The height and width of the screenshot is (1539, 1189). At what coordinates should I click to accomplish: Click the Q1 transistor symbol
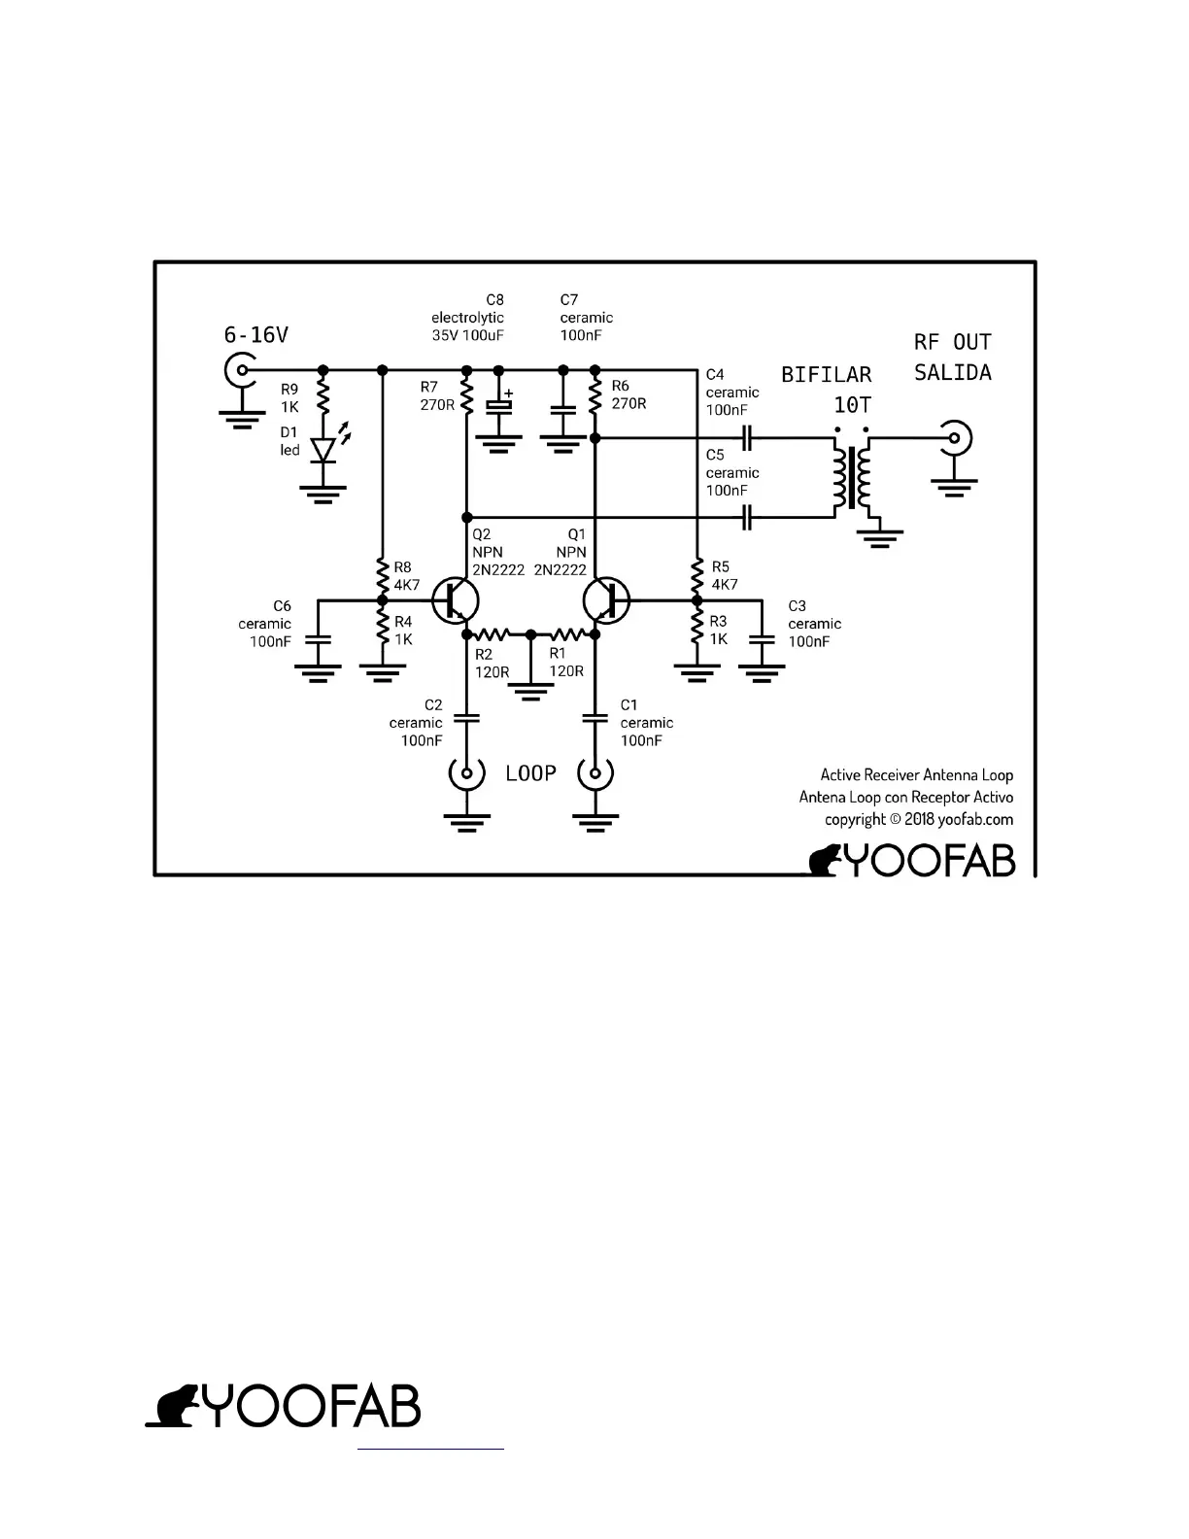click(607, 599)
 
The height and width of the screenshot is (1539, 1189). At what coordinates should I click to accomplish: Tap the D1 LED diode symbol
click(323, 450)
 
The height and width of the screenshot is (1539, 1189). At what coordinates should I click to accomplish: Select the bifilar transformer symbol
click(852, 477)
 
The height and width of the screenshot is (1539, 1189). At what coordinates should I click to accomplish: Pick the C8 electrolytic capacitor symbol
click(499, 404)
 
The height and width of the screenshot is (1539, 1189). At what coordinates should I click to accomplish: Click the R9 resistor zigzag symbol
click(323, 397)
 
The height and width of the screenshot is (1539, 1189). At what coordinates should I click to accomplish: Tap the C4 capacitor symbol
click(747, 438)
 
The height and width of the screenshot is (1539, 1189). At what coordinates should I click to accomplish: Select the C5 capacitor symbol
click(747, 518)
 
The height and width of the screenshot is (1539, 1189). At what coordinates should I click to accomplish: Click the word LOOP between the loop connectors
click(530, 773)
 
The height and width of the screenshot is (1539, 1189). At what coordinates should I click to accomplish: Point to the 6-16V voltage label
click(256, 335)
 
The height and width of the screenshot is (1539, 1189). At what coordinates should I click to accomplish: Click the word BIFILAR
click(827, 375)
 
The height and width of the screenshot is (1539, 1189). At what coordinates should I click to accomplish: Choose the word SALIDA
click(952, 373)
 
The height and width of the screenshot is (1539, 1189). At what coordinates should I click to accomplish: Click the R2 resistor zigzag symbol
click(497, 634)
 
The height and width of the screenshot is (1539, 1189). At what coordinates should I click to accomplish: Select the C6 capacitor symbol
click(319, 640)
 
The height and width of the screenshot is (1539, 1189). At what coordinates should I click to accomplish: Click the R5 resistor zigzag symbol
click(696, 577)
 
